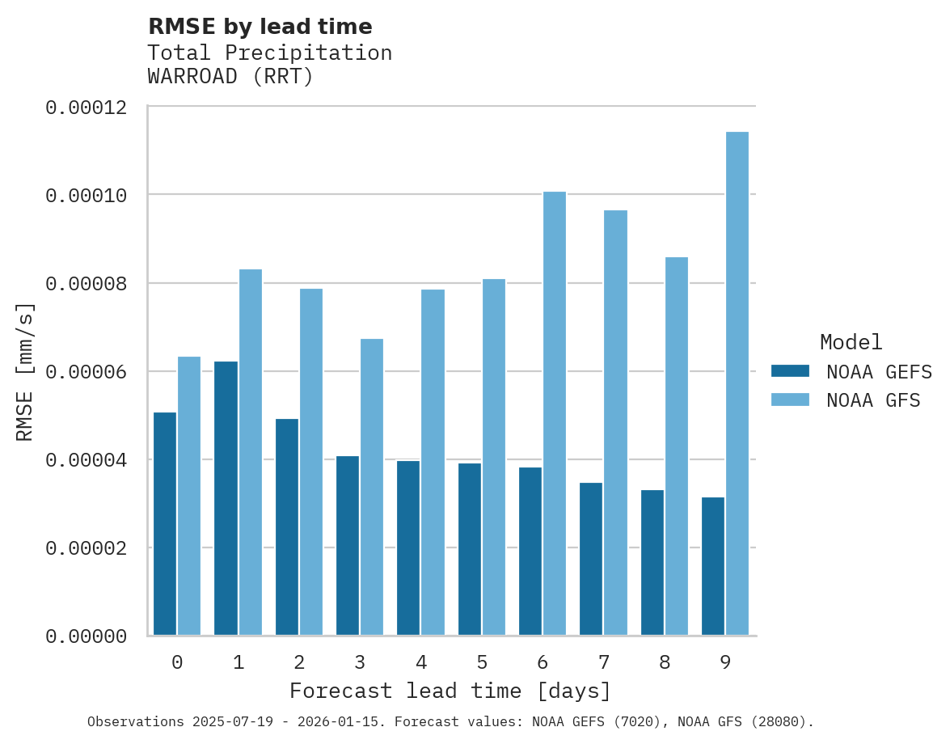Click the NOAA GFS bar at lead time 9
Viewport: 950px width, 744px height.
[x=737, y=383]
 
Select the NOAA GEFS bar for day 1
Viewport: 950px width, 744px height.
[x=226, y=498]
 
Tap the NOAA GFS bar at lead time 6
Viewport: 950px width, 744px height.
[x=554, y=413]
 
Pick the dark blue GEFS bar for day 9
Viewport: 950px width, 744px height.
[x=713, y=566]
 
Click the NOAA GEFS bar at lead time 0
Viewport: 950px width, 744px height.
[x=165, y=523]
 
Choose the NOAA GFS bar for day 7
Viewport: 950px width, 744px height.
[x=615, y=422]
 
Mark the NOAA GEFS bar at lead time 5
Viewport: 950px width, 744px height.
[x=470, y=549]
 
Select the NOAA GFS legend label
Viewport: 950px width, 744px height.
[x=873, y=399]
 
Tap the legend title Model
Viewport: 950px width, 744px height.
[x=851, y=342]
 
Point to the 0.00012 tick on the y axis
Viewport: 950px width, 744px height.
[x=86, y=108]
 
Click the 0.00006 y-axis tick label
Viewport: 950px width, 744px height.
[x=86, y=372]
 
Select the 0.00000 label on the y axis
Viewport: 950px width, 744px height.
[x=86, y=637]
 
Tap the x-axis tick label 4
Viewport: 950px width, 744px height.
[x=421, y=663]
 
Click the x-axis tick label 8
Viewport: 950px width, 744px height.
[x=665, y=663]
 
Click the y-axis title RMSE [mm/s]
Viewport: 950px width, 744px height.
[x=26, y=372]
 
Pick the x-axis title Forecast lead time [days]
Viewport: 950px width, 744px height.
[x=450, y=691]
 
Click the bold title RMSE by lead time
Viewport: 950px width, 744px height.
[x=260, y=27]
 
